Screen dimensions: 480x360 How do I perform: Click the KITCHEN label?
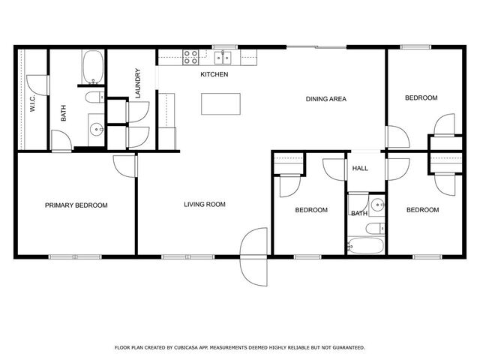pos(214,74)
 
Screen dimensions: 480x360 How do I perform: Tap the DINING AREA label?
pos(326,99)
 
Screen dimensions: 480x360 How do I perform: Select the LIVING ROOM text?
pos(205,204)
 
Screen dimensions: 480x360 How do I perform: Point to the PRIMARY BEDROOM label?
pos(76,205)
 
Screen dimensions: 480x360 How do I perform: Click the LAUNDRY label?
pos(138,83)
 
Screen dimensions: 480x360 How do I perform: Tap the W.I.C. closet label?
pos(32,103)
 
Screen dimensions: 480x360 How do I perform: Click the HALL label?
pos(360,168)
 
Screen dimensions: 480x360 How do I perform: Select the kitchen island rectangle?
pos(220,104)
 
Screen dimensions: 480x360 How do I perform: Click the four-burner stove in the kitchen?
pos(190,58)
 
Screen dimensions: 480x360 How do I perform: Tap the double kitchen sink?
pos(223,58)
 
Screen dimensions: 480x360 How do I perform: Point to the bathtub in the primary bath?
pos(93,67)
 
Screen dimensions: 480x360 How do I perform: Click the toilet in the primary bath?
pos(94,97)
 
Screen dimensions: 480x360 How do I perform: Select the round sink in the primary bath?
pos(97,129)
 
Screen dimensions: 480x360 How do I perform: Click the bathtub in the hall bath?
pos(365,245)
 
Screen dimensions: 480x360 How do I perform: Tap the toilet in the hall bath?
pos(375,228)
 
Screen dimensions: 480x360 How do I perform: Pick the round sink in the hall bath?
pos(378,204)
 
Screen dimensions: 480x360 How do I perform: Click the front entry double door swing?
pos(253,256)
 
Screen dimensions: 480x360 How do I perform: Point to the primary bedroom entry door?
pos(125,166)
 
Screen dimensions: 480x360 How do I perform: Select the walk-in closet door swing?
pos(37,85)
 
